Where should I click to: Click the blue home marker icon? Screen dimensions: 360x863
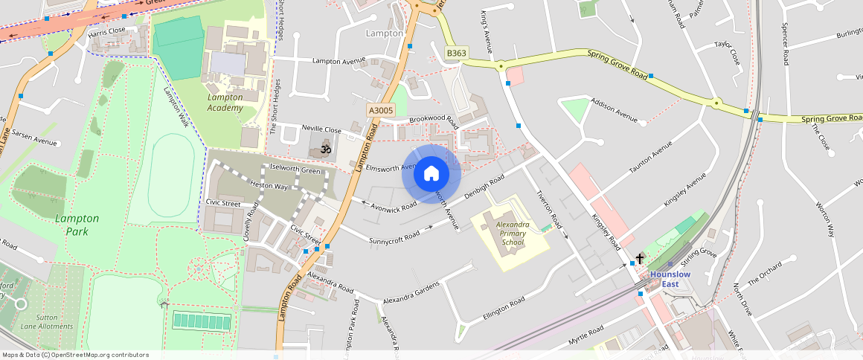pos(431,174)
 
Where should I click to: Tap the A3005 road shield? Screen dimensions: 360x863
pos(380,110)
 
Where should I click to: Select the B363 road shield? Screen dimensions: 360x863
pos(457,54)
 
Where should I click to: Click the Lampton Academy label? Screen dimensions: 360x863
pos(225,103)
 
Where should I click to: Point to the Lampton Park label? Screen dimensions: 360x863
pos(77,225)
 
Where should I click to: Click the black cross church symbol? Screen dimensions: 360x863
pos(639,260)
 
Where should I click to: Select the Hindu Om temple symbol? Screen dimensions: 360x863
pos(324,149)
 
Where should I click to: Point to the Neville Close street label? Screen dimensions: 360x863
pos(321,129)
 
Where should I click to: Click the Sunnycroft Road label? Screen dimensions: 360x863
pos(394,236)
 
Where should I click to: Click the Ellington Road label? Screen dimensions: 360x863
pos(504,305)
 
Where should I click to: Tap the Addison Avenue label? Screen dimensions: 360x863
pos(614,109)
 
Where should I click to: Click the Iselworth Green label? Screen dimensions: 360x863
pos(295,170)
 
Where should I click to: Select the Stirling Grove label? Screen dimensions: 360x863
pos(698,257)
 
